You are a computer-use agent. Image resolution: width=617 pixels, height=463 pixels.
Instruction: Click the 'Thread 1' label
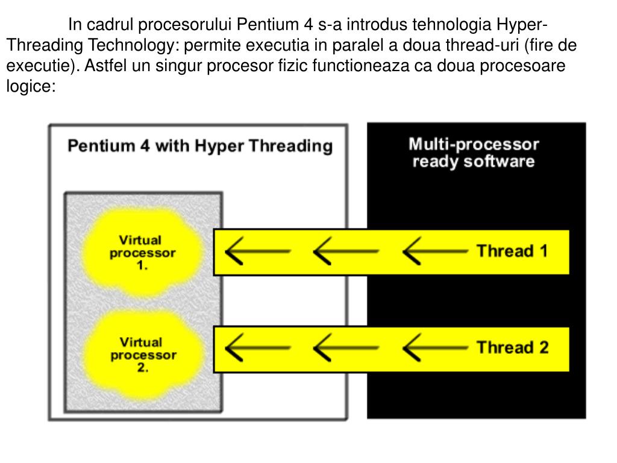(x=512, y=251)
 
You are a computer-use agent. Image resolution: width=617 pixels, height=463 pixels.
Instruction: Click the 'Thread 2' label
(x=512, y=347)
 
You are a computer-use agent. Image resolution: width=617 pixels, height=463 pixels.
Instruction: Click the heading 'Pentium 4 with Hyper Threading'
(x=199, y=146)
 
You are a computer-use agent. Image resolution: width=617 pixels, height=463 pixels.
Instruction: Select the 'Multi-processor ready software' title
(x=474, y=153)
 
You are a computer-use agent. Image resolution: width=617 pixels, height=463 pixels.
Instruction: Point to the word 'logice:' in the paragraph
(x=31, y=86)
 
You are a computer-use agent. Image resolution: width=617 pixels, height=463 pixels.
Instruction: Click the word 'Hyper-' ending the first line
(x=522, y=25)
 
